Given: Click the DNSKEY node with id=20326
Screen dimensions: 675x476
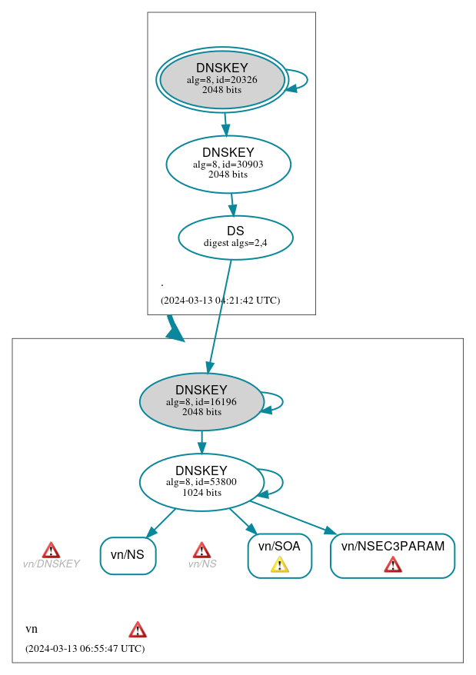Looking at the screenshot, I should (x=221, y=79).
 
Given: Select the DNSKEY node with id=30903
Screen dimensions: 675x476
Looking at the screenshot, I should (x=228, y=164).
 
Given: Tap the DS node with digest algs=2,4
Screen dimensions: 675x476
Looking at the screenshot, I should (x=235, y=238).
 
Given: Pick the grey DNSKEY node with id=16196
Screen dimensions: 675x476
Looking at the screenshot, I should (x=201, y=401).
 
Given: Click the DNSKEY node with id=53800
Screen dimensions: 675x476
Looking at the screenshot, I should (x=201, y=482).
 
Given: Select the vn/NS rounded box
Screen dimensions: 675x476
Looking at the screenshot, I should (x=128, y=555).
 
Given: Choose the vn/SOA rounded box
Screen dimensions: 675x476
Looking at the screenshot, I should (x=279, y=555).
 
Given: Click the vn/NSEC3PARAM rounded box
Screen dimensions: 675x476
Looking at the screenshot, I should (x=392, y=555).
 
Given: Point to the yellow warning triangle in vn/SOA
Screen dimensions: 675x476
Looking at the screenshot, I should (x=280, y=565).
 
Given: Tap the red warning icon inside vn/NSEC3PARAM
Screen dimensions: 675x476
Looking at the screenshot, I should (x=393, y=565).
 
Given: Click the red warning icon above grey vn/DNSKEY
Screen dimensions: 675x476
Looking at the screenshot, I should (x=51, y=550).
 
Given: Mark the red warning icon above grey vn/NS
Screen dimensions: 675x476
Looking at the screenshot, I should (x=201, y=550).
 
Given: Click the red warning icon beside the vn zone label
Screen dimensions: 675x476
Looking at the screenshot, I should (x=138, y=630).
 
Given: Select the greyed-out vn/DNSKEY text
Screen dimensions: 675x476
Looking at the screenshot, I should (x=51, y=564).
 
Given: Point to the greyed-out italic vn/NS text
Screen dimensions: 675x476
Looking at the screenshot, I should (x=202, y=564).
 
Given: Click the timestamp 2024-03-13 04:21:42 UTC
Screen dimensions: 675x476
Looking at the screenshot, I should (x=220, y=301).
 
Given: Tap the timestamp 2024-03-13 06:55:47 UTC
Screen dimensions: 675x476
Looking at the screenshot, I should (x=85, y=649).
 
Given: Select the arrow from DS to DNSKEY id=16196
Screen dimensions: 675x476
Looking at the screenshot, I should (x=219, y=316).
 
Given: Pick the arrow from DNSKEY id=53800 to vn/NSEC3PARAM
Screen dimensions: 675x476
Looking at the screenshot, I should (x=293, y=517).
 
